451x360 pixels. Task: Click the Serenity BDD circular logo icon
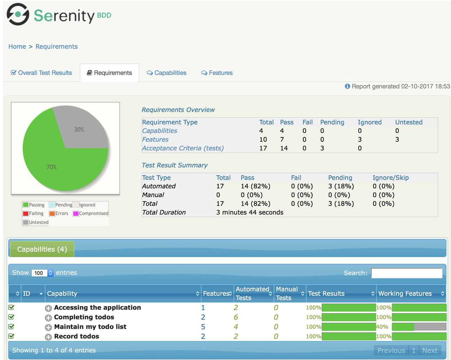[x=18, y=14]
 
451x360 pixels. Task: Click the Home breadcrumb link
[x=17, y=47]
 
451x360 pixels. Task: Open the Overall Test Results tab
[x=41, y=73]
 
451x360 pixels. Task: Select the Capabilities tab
[x=167, y=73]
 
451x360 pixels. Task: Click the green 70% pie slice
[x=56, y=166]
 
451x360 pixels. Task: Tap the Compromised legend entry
[x=91, y=214]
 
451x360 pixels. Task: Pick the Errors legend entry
[x=59, y=214]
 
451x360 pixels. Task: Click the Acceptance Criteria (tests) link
[x=183, y=148]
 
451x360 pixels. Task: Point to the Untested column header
[x=409, y=122]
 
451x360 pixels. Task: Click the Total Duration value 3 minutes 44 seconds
[x=249, y=213]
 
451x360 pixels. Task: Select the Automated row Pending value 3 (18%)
[x=341, y=186]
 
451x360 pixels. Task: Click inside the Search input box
[x=407, y=273]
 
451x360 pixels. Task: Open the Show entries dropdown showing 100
[x=42, y=273]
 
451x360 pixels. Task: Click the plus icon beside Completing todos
[x=48, y=318]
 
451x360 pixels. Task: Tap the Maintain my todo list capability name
[x=90, y=327]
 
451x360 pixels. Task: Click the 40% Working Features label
[x=382, y=327]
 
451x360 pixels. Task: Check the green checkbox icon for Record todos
[x=12, y=336]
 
